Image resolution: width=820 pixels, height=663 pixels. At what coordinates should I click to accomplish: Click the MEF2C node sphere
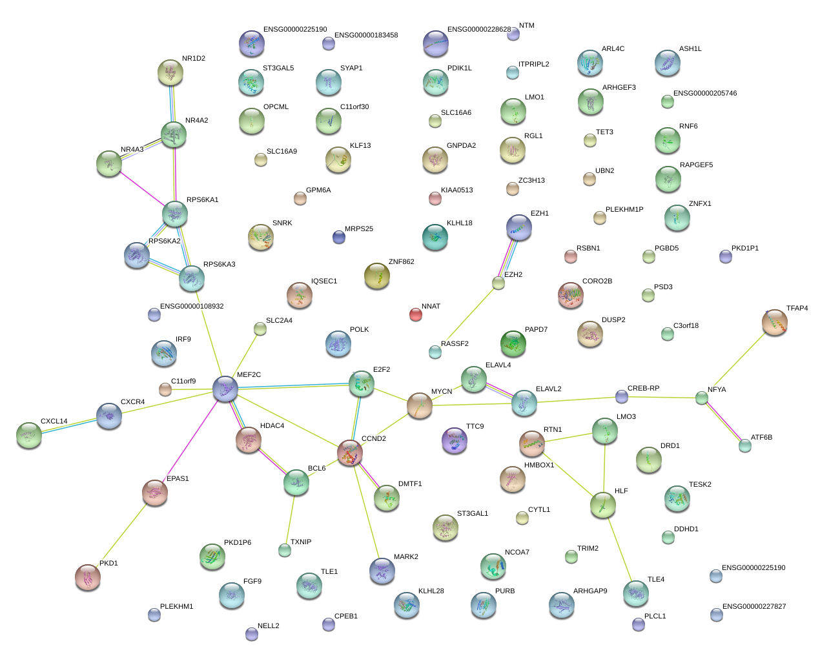(225, 389)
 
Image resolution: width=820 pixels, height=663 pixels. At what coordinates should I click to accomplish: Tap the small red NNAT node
(415, 314)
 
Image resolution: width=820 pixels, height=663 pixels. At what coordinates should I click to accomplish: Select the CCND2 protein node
(349, 453)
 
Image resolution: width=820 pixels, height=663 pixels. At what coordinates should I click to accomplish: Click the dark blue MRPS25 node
(339, 237)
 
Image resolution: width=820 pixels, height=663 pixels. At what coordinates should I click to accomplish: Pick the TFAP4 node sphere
(775, 322)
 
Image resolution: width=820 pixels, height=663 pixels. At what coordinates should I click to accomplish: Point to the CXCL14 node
(29, 435)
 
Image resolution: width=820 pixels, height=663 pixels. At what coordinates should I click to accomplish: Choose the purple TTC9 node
(455, 440)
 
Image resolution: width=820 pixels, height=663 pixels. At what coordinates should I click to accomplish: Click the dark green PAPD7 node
(513, 343)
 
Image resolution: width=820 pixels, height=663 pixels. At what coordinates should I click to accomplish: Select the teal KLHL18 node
(435, 237)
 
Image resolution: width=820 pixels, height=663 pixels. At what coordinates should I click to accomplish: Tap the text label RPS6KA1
(202, 199)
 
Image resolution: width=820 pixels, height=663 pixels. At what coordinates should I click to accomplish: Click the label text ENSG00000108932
(192, 306)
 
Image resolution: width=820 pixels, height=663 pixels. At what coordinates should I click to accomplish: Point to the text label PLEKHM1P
(624, 209)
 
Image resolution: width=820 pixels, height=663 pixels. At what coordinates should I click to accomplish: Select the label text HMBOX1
(539, 465)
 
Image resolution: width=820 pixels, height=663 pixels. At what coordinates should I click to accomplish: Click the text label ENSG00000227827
(753, 606)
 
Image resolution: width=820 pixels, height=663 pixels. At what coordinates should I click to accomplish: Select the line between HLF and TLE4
(619, 549)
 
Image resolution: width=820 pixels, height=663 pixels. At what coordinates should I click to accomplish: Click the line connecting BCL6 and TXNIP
(291, 520)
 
